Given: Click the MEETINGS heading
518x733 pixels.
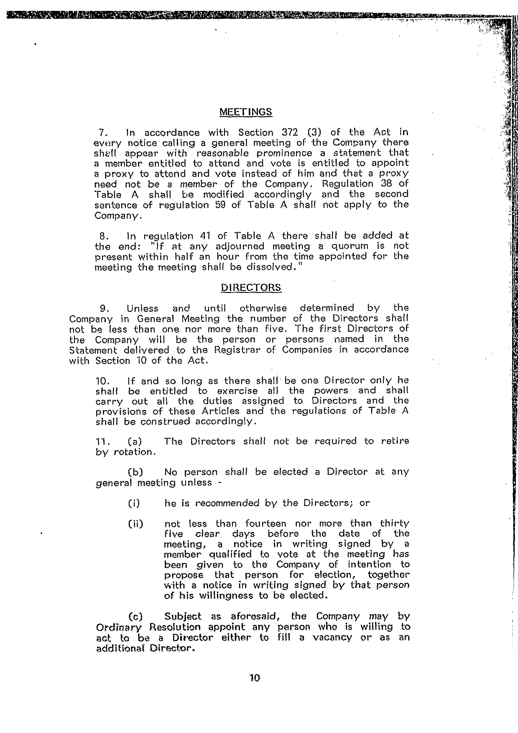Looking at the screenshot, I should [245, 112].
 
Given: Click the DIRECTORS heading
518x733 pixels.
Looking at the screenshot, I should [251, 288].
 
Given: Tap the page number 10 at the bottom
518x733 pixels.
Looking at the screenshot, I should [254, 678].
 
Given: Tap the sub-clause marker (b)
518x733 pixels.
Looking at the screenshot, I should [135, 472].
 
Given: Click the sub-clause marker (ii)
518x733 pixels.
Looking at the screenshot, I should [135, 524].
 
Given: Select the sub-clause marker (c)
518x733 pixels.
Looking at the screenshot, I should [135, 616].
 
